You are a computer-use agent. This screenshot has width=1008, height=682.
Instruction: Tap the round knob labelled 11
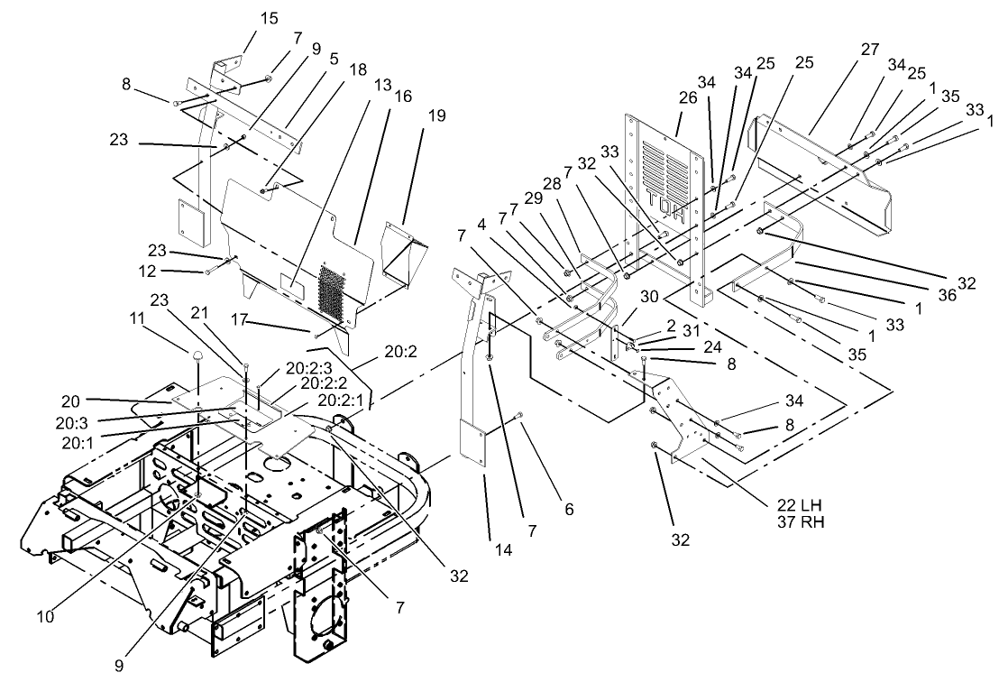pyautogui.click(x=197, y=360)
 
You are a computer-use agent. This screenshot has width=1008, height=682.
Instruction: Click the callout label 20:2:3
pyautogui.click(x=307, y=369)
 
